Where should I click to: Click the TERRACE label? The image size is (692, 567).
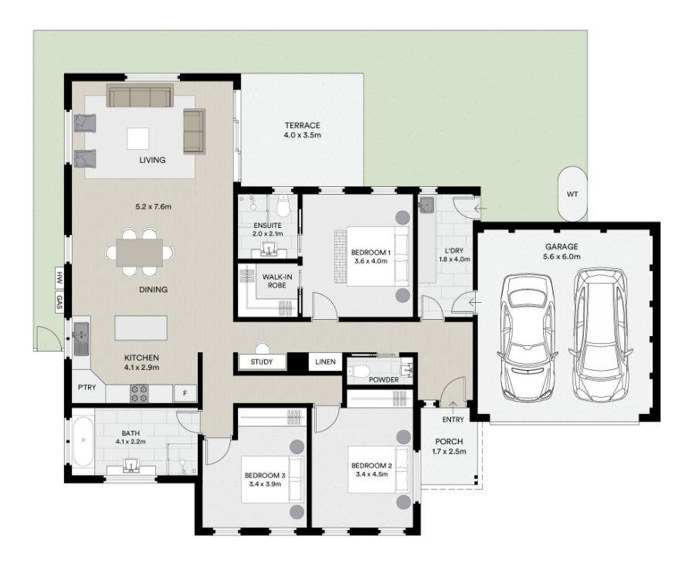(302, 125)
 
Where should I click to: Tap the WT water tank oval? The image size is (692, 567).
(572, 194)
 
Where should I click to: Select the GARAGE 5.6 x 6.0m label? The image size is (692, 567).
(561, 252)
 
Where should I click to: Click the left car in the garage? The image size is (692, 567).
(528, 337)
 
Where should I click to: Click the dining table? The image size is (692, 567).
(140, 252)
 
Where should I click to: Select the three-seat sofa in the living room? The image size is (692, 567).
(139, 97)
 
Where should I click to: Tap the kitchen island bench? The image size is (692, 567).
(141, 328)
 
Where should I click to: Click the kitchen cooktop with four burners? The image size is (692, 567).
(139, 394)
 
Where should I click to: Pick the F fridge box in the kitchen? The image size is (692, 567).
(185, 394)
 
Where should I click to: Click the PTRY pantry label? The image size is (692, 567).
(86, 387)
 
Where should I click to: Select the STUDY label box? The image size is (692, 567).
(262, 362)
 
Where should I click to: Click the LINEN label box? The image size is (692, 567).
(324, 362)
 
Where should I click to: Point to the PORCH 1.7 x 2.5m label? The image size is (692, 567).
(449, 446)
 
